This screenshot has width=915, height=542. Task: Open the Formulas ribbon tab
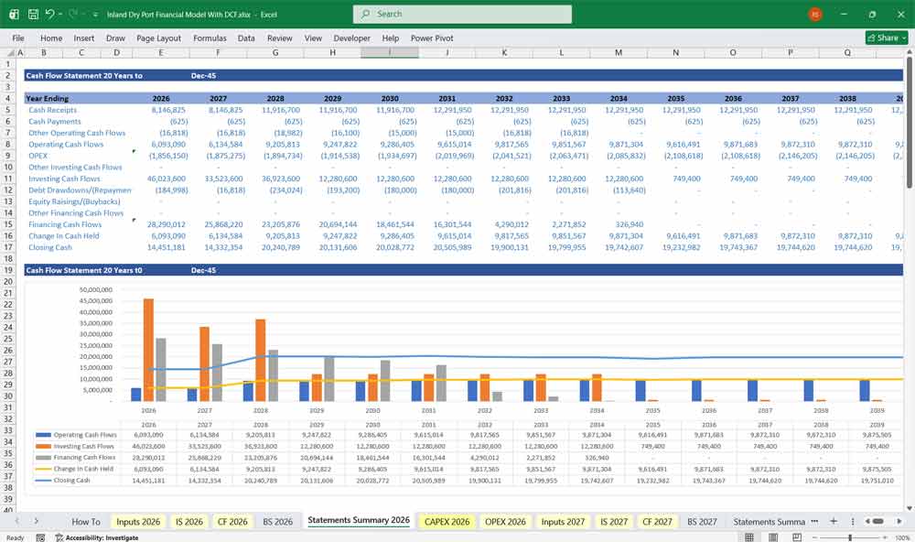click(210, 38)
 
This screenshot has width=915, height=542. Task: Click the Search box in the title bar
click(462, 14)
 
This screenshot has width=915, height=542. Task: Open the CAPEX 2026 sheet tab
click(447, 521)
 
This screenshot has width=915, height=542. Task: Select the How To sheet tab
click(86, 521)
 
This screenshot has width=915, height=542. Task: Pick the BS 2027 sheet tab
click(702, 521)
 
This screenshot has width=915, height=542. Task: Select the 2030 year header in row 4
click(390, 98)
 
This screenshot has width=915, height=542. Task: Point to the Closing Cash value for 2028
click(275, 247)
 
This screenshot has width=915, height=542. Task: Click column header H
click(332, 53)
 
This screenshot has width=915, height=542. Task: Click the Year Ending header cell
click(47, 98)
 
